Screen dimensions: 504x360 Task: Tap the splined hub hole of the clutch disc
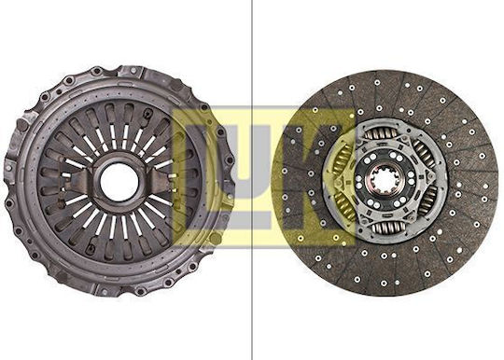[384, 182]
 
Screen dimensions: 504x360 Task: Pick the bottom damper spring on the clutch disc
[388, 228]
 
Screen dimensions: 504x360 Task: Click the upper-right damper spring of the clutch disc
[424, 154]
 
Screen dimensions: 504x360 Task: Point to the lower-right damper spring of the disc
[428, 201]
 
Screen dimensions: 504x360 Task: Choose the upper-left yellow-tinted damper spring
[343, 159]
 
